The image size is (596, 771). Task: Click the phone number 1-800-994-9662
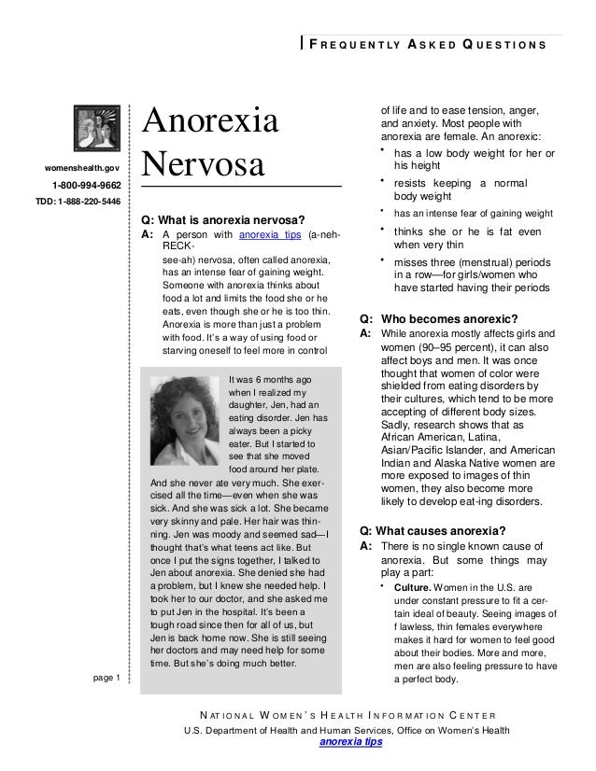(x=86, y=185)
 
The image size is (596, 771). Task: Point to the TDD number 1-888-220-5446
(x=78, y=201)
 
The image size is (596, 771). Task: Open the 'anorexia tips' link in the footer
(x=351, y=743)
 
